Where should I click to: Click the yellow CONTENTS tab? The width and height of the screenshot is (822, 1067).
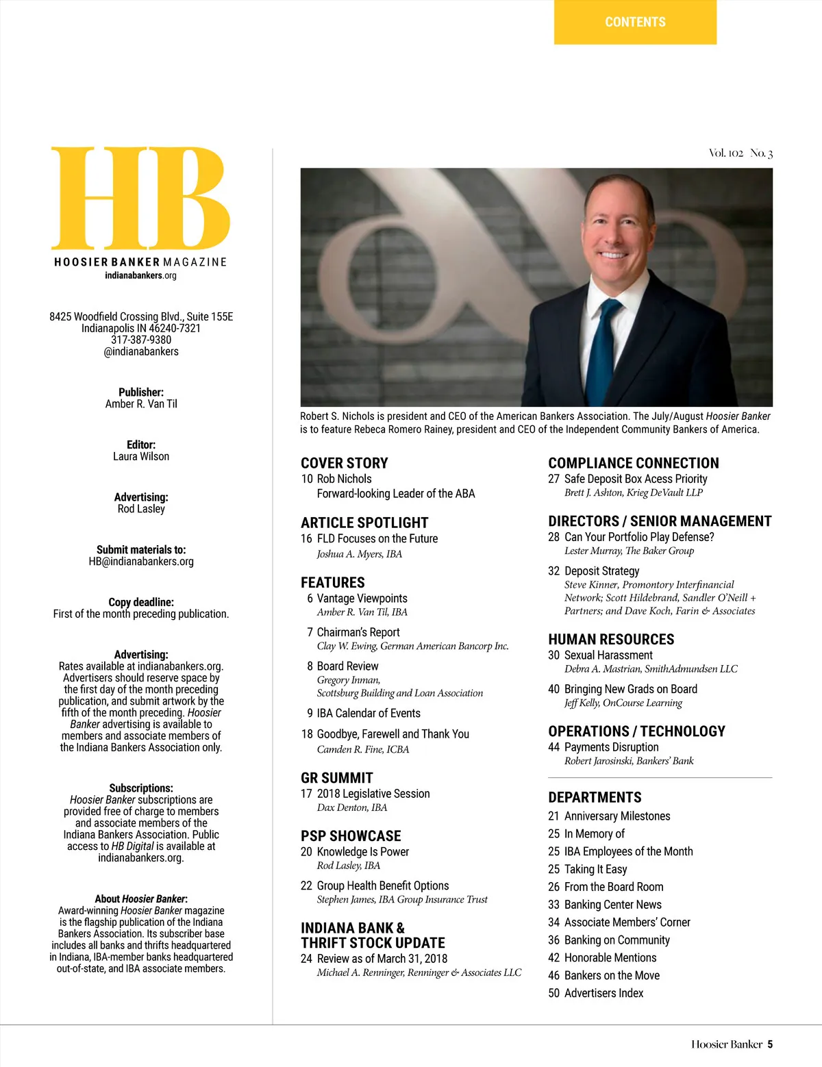point(635,22)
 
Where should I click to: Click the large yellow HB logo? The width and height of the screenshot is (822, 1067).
point(140,199)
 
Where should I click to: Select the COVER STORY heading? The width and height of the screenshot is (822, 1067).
point(345,463)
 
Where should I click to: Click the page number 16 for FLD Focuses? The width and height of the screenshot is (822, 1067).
point(306,539)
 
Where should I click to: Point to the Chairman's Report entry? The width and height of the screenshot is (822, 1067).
point(358,632)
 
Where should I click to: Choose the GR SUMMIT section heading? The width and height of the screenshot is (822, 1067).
point(337,778)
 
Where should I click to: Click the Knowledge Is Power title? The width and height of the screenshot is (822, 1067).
point(362,852)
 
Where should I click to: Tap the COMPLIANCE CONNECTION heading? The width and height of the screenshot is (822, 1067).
point(634,463)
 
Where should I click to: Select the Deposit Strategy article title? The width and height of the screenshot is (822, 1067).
point(601,571)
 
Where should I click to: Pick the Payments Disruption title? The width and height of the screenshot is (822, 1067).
point(611,747)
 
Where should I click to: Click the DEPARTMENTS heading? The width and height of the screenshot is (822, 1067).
point(595,797)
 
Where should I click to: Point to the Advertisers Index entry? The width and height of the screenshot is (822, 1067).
point(603,993)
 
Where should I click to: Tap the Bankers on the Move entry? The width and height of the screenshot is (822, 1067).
point(612,975)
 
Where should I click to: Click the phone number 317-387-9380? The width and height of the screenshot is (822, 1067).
point(141,340)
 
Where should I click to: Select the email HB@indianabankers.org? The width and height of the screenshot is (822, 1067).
point(141,562)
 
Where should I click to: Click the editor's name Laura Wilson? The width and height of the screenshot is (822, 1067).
point(141,456)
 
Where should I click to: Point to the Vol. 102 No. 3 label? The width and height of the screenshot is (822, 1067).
point(740,153)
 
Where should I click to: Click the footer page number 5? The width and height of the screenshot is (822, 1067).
point(770,1044)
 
